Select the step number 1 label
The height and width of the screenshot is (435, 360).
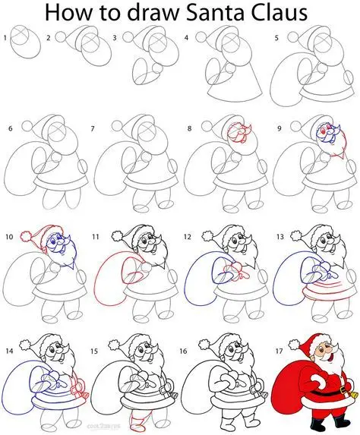point(5,37)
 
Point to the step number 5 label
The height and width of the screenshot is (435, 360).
point(278,37)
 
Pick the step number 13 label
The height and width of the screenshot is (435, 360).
point(279,236)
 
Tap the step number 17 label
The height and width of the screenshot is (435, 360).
point(279,332)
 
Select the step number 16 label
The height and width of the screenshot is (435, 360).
point(188,332)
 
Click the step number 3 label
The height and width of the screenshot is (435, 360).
point(115,37)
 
